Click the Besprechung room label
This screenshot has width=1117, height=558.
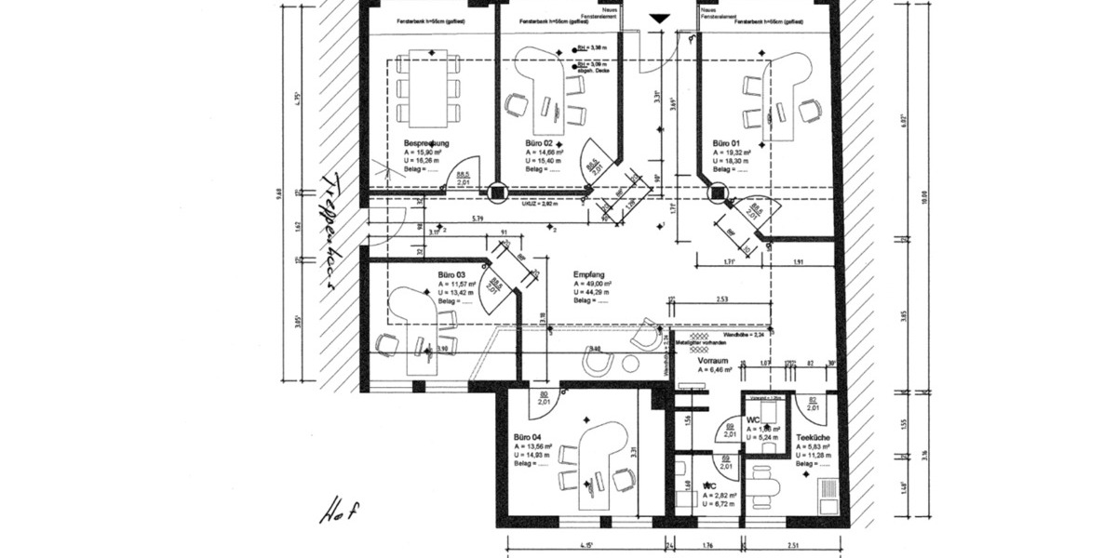tap(426, 143)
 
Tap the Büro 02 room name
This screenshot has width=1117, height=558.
tap(539, 143)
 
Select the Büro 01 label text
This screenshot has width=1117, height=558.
tap(726, 143)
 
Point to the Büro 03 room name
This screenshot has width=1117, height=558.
tap(451, 275)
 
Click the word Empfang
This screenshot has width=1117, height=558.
tap(590, 275)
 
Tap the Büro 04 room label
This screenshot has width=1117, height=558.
tap(527, 436)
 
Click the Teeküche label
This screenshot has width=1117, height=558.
tap(813, 436)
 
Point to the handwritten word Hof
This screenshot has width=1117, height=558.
tap(340, 510)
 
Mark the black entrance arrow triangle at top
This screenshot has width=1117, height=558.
tap(659, 18)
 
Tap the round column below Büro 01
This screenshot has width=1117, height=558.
tap(719, 194)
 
